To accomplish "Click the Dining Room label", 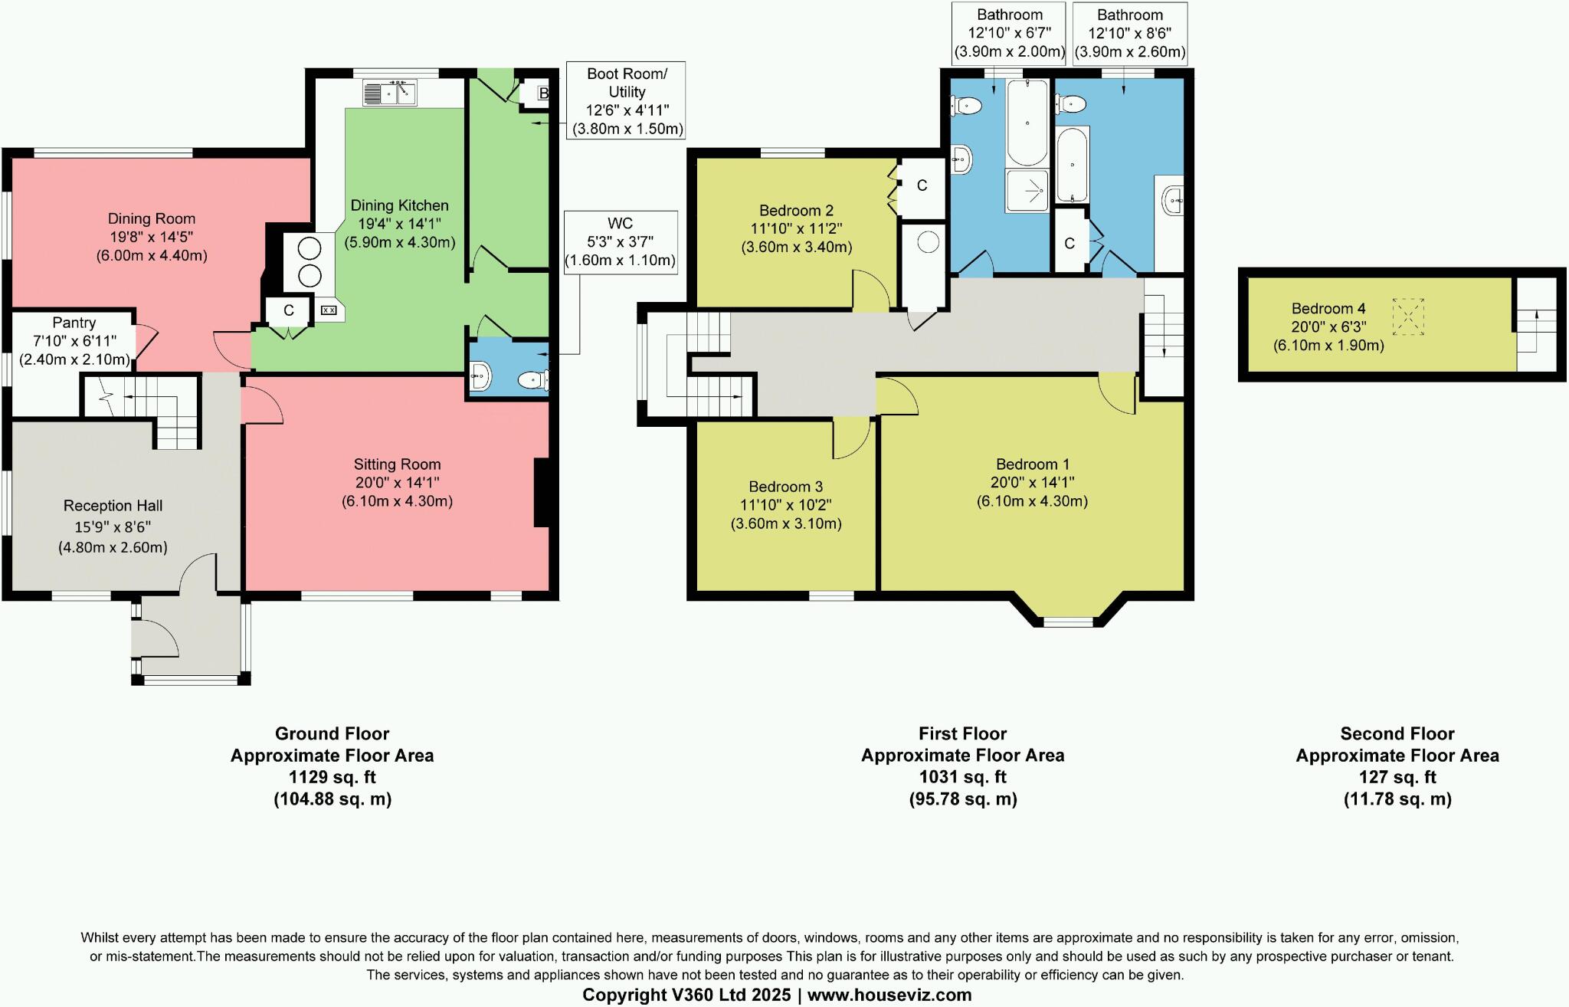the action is point(152,218).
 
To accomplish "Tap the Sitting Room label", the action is point(397,464).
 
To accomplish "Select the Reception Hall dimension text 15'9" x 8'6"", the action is point(113,527).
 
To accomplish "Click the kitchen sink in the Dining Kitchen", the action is point(390,93).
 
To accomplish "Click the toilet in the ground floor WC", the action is point(535,379).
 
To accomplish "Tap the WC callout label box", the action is point(621,242).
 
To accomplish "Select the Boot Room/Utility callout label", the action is point(627,101).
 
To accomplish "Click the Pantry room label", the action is point(74,323).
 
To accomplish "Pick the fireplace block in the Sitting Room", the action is point(542,493).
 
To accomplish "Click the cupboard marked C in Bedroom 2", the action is point(922,185).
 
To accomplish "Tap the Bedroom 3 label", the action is point(786,487).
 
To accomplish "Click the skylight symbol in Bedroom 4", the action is point(1409,317).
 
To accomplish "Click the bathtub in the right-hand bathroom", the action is point(1072,166).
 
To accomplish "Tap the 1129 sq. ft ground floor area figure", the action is point(332,777).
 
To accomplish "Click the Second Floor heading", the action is point(1397,733).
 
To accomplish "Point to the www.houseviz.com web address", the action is point(889,996).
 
